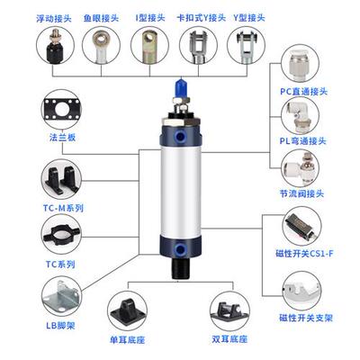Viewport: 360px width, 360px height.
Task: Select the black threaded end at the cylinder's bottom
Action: click(181, 269)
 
